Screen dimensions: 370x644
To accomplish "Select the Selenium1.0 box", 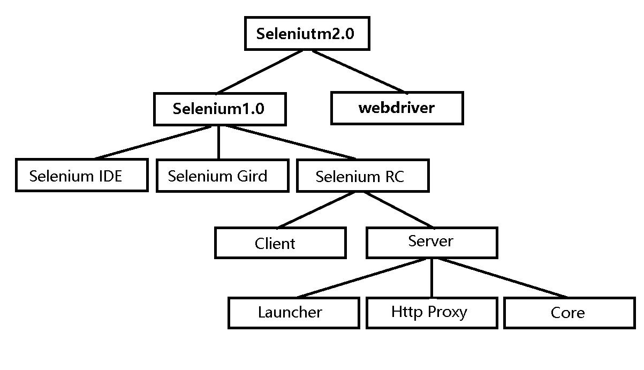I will click(x=219, y=109).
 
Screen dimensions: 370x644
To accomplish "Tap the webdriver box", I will click(x=397, y=108).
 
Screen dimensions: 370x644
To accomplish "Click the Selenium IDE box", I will click(x=81, y=175).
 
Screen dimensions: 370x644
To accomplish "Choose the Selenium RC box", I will click(x=362, y=176).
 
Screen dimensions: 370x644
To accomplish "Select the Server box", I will click(x=431, y=242).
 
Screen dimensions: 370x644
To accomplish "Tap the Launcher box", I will click(x=293, y=312).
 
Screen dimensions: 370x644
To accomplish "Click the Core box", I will click(x=569, y=312).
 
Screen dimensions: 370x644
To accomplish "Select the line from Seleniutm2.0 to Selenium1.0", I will click(x=261, y=72).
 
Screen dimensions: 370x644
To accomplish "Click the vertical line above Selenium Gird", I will click(x=218, y=142).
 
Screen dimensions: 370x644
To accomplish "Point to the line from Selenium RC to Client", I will click(x=316, y=209).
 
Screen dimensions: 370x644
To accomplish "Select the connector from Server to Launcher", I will click(x=364, y=277).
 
